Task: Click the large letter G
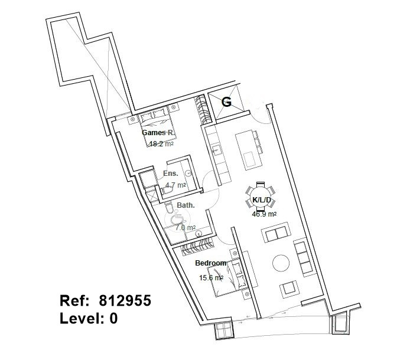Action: (226, 102)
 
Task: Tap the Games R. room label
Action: (158, 133)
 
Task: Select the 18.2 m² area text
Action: (161, 144)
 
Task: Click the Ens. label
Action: (171, 174)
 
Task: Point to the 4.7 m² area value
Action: (175, 185)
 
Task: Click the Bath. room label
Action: (186, 205)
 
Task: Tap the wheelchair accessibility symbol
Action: (177, 218)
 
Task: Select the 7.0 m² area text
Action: (186, 228)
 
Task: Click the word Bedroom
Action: (211, 263)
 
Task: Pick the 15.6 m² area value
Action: (211, 278)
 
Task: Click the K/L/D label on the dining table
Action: (262, 200)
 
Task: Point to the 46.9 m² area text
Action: (264, 214)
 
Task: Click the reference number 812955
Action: (125, 301)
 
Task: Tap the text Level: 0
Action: (89, 318)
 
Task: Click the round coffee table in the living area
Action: (281, 263)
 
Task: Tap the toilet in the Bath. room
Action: (168, 207)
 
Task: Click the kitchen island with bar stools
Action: (248, 150)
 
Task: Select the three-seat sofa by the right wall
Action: (304, 257)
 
